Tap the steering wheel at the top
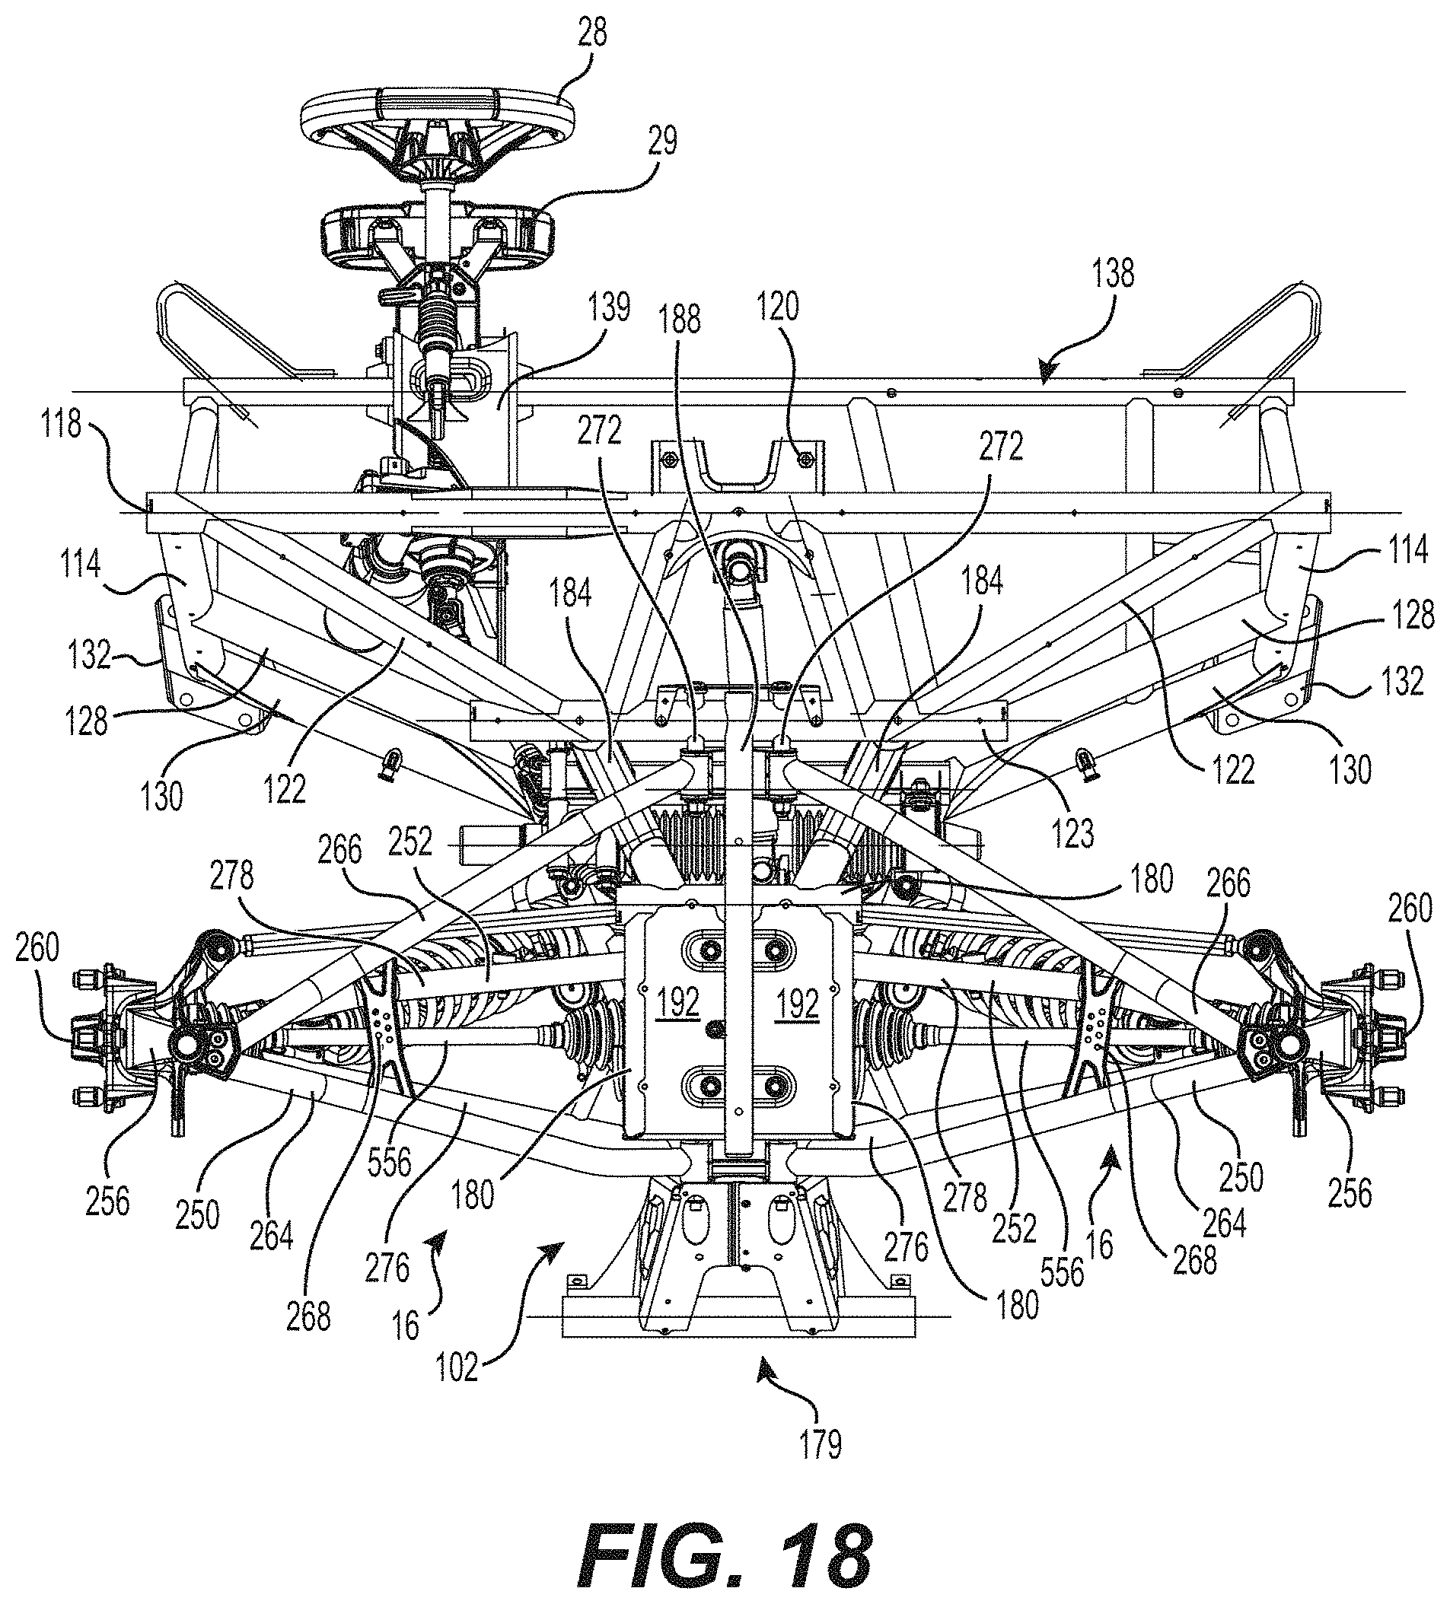click(x=433, y=127)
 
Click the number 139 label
click(x=610, y=307)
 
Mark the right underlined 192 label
click(x=798, y=1004)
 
